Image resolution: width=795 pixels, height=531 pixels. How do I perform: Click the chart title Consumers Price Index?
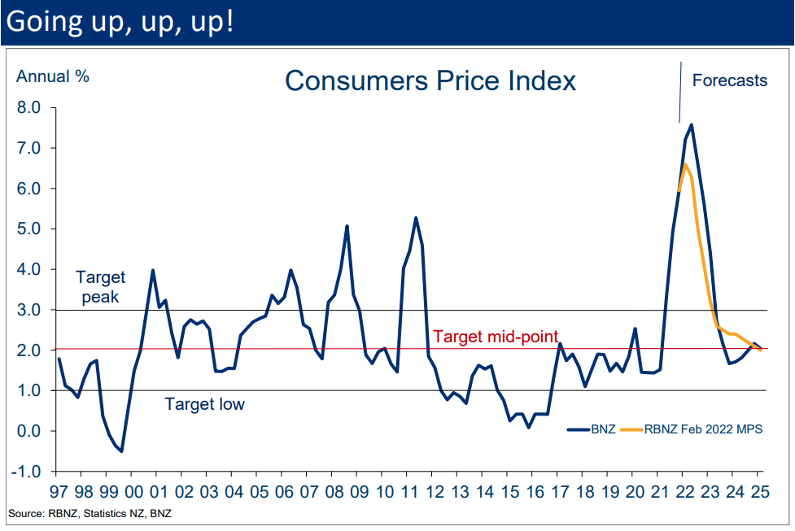430,81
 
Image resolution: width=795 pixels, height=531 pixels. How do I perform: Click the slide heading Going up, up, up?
120,22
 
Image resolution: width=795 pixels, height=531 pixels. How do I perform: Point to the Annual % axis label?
53,77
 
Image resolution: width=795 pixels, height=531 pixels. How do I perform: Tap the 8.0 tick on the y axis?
29,107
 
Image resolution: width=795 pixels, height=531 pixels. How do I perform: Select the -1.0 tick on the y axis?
28,472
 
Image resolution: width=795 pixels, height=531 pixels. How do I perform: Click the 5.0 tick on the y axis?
29,229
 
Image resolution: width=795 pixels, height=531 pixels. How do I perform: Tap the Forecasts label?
729,81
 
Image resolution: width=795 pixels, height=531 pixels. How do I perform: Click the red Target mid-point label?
496,337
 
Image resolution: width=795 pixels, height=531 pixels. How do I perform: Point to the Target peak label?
100,287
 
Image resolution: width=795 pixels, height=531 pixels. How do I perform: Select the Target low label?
204,404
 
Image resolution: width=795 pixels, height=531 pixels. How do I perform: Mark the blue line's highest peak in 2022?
691,124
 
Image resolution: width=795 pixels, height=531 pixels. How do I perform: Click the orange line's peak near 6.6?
685,164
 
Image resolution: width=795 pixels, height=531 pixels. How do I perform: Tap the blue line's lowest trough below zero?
121,450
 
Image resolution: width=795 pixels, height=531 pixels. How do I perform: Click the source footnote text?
90,513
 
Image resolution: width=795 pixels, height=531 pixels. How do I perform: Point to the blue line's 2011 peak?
416,218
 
